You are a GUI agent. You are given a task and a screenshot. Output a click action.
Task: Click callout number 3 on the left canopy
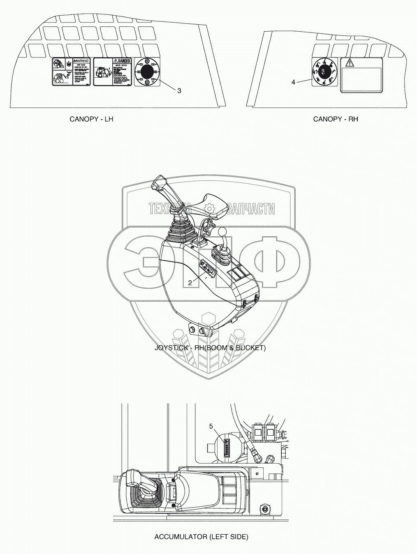click(179, 91)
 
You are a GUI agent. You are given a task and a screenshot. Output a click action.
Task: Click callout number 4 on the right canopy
click(293, 82)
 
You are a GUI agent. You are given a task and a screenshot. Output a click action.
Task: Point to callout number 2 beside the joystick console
click(190, 282)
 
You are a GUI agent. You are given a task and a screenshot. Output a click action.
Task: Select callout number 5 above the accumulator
click(211, 426)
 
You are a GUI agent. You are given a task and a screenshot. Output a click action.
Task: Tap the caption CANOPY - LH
click(91, 119)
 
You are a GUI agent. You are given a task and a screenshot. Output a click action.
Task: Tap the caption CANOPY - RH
click(336, 119)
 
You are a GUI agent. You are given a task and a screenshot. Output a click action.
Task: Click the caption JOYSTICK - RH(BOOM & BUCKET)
click(210, 348)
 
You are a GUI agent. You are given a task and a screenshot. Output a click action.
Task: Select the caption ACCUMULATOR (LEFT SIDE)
click(201, 537)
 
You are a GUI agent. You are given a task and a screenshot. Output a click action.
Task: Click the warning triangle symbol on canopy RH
click(349, 63)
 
